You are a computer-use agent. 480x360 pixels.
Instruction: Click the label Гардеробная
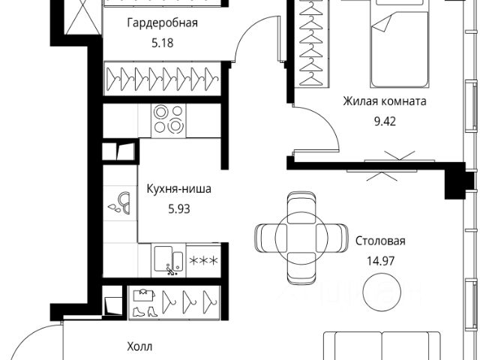click(x=161, y=22)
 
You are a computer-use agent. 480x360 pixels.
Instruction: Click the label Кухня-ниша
click(x=173, y=190)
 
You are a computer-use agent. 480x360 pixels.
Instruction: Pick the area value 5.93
click(x=173, y=209)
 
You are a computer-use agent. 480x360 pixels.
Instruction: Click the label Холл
click(x=138, y=346)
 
